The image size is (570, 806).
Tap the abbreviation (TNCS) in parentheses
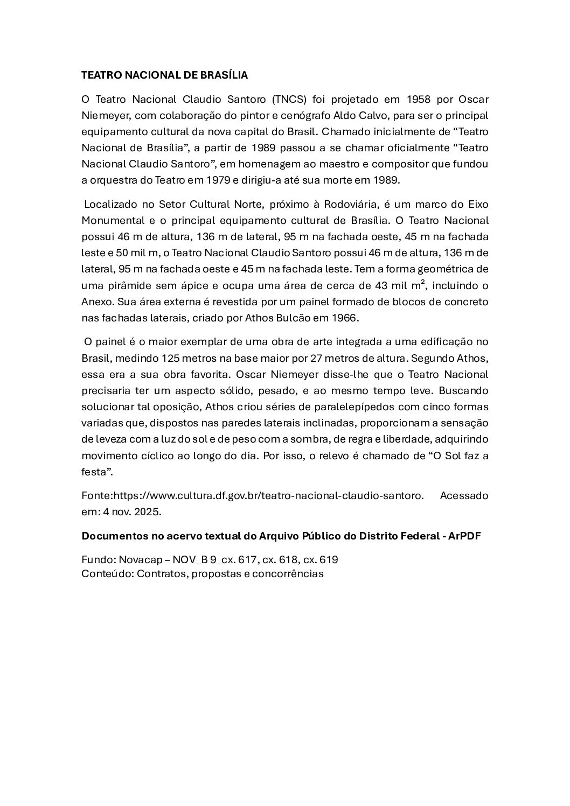click(x=289, y=99)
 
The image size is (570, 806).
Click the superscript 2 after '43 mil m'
click(x=422, y=282)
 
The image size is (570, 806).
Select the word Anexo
click(x=95, y=302)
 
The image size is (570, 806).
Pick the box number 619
click(x=328, y=559)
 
